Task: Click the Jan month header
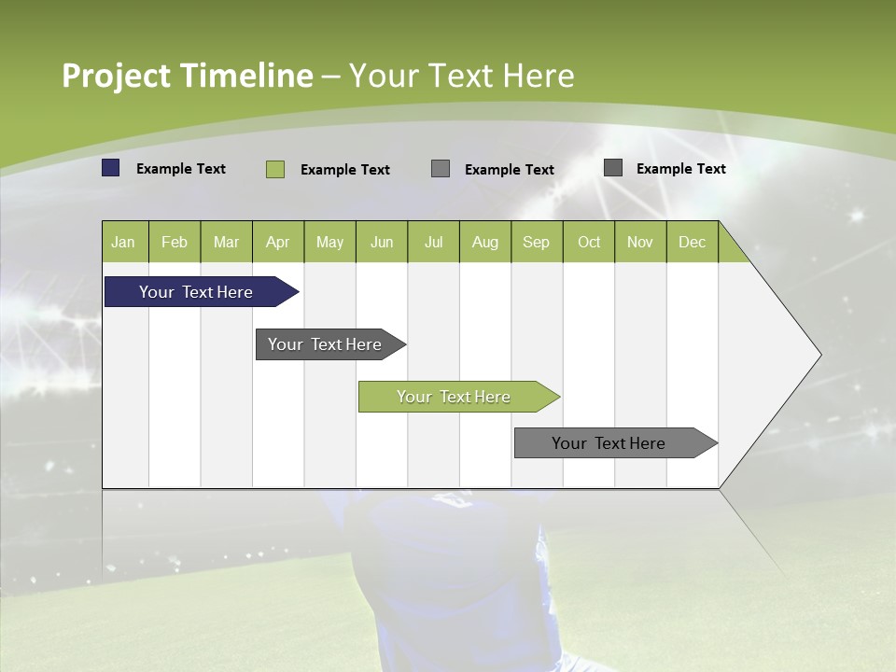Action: (123, 242)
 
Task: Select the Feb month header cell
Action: (175, 242)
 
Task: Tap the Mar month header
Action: (226, 242)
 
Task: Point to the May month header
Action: (329, 242)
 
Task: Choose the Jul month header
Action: (433, 242)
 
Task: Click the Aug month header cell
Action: (484, 242)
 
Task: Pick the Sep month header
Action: (536, 242)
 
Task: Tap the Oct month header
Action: (589, 242)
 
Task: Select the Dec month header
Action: (692, 242)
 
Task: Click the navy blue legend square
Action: (111, 168)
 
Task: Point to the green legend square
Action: (275, 169)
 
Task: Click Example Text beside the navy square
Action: (181, 169)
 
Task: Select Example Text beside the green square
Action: (345, 170)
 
